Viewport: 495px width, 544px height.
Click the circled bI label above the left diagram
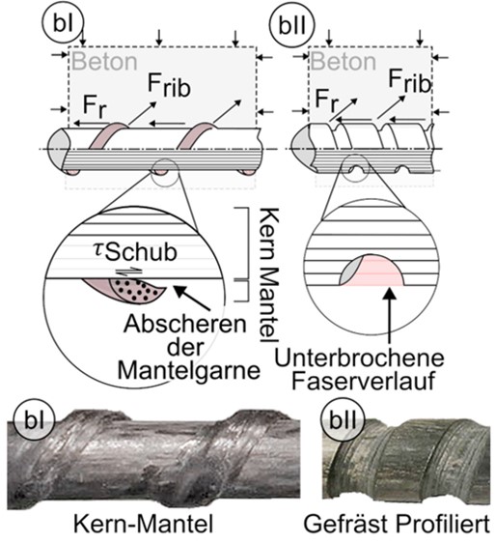64,24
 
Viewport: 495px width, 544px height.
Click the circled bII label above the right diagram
292,25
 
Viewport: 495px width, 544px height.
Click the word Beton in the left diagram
104,61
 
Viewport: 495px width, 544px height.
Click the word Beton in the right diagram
344,62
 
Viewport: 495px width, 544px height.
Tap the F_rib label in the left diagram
169,85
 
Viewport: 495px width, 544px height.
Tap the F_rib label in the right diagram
410,81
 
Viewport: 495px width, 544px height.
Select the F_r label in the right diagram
327,100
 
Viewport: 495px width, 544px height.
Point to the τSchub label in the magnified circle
135,251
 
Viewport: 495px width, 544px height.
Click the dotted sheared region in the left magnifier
137,290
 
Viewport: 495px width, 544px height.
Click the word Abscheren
185,324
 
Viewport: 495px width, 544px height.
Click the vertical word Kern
269,234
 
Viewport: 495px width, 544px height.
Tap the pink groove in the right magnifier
376,272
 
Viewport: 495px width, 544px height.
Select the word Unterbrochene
359,358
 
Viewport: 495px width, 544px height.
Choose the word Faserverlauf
364,381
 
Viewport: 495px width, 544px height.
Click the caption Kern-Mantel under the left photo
144,524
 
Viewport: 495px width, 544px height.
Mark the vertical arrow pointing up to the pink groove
391,315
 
